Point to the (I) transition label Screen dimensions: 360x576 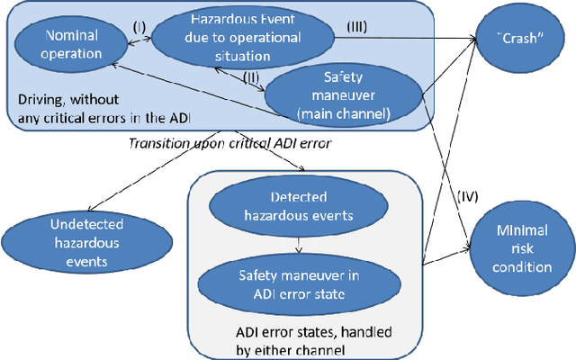click(138, 29)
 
